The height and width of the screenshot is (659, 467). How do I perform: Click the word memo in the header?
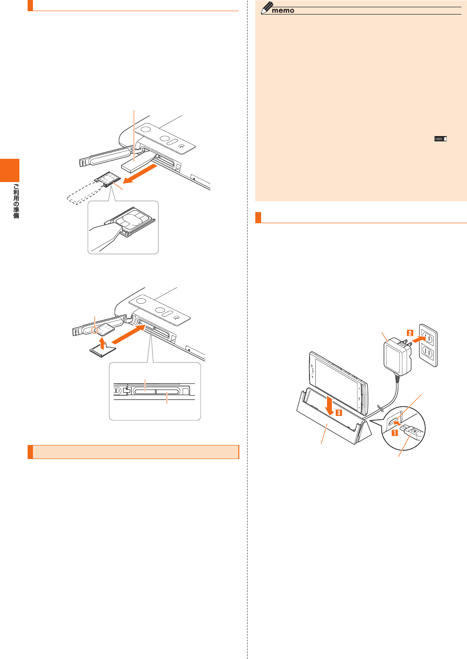(x=283, y=10)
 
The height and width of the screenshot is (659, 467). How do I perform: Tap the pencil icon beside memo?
(x=266, y=8)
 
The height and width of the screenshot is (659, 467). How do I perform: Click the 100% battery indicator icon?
(x=440, y=139)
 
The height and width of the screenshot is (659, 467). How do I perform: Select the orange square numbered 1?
(x=395, y=433)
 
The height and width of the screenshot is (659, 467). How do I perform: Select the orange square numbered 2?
(x=410, y=333)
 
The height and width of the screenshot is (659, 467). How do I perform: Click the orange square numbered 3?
(x=339, y=413)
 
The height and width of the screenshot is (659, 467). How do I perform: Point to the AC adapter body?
(x=397, y=357)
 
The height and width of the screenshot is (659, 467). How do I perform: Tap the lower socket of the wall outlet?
(x=427, y=352)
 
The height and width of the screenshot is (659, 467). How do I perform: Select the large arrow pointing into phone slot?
(x=128, y=336)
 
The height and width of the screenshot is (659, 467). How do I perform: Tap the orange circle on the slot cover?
(x=95, y=330)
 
